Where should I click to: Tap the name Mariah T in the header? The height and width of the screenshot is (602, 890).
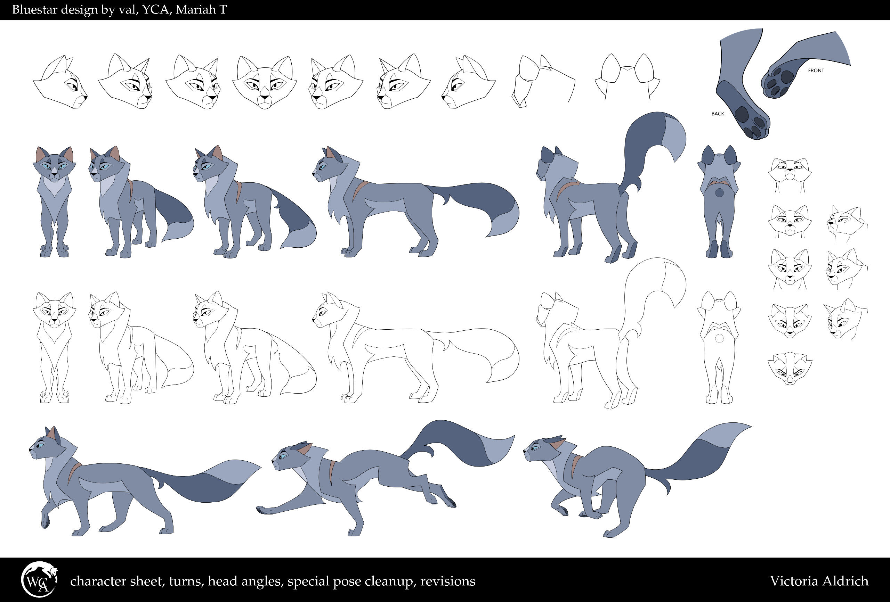click(x=201, y=10)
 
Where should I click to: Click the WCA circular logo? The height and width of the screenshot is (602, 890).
click(x=39, y=580)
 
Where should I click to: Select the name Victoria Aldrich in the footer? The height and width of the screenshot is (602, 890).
click(x=819, y=581)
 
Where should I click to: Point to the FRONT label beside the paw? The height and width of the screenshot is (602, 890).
click(x=816, y=71)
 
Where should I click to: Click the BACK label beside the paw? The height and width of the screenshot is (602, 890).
click(x=718, y=114)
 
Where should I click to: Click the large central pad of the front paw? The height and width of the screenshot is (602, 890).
click(x=787, y=77)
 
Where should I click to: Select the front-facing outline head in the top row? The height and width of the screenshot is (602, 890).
click(x=265, y=82)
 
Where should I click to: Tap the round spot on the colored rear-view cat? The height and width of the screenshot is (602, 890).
click(x=719, y=192)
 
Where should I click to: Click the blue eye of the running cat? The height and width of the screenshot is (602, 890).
click(x=283, y=456)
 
